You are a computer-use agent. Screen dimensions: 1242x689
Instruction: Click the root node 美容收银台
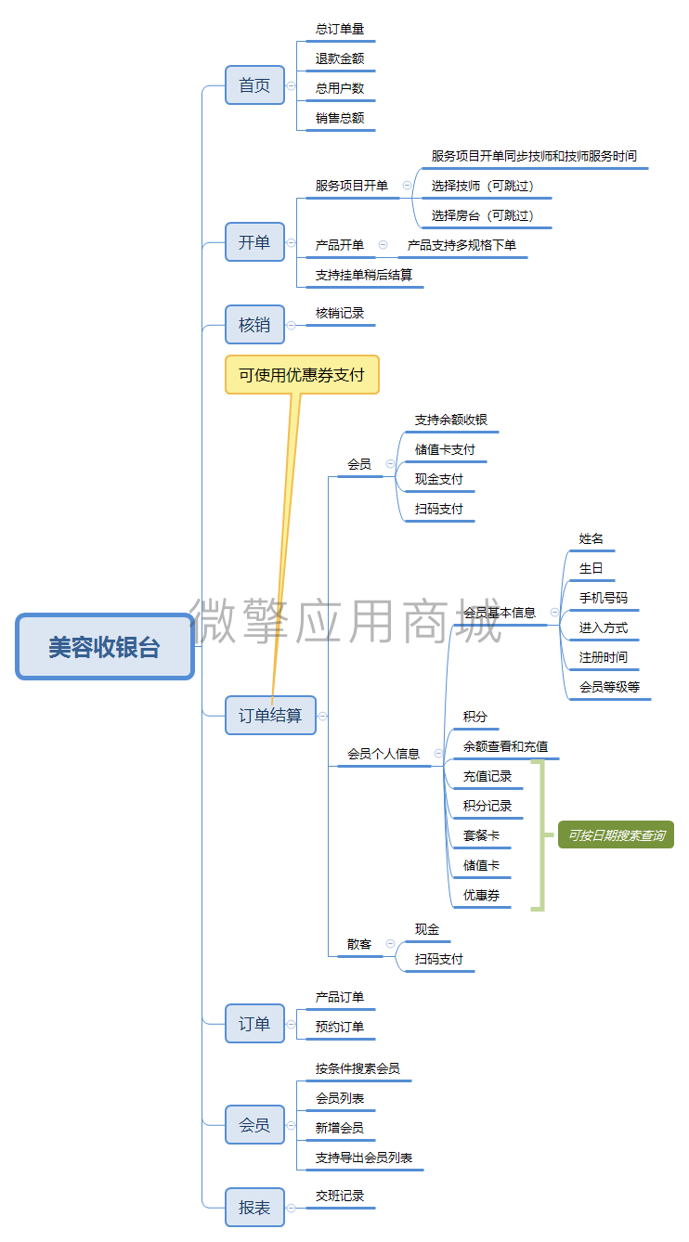point(105,647)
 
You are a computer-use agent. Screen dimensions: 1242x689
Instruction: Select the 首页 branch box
point(254,85)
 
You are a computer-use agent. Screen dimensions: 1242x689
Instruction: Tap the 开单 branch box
point(254,242)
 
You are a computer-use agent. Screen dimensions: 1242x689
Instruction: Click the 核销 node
point(254,324)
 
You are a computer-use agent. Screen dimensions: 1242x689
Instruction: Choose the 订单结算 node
point(270,716)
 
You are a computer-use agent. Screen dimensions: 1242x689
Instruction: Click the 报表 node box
point(254,1207)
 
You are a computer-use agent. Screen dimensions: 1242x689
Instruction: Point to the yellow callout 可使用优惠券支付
point(302,375)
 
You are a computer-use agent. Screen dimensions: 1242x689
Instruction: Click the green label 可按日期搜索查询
point(616,835)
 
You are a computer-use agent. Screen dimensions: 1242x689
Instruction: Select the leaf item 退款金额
point(339,58)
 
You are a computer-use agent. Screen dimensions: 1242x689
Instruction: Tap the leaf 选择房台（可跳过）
point(483,215)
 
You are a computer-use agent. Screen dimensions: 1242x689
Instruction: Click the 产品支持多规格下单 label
point(461,245)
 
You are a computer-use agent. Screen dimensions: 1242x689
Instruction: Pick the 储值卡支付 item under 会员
point(445,449)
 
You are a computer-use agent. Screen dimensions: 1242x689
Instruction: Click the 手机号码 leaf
point(603,598)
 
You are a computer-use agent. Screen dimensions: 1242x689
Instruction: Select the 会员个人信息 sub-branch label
point(383,754)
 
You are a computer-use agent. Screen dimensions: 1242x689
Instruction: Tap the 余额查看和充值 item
point(505,746)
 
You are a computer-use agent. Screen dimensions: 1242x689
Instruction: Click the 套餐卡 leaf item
point(481,835)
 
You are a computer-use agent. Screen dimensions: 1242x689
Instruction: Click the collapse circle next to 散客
point(390,944)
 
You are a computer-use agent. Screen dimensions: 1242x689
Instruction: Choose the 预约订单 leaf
point(339,1027)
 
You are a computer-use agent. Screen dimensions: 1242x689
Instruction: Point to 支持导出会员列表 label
point(364,1158)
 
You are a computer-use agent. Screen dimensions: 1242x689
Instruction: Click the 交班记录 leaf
point(339,1196)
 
